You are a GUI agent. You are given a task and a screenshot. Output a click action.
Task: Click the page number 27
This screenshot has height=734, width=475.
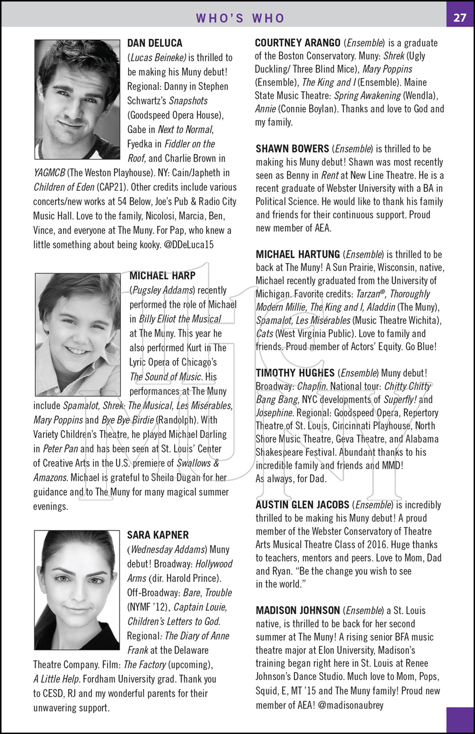(x=459, y=18)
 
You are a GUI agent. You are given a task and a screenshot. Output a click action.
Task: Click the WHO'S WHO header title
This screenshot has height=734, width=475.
(x=240, y=18)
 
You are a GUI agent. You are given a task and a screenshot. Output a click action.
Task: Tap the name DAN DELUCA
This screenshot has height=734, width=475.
(x=155, y=43)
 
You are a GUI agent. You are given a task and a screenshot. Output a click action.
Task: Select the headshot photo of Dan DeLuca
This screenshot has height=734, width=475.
(x=77, y=99)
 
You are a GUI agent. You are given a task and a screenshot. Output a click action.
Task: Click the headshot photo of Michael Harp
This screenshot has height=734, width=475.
(x=78, y=335)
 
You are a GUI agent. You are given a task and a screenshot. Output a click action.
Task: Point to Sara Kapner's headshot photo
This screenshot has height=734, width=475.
(x=77, y=590)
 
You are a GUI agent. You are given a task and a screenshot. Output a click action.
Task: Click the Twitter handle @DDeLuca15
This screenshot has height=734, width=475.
(x=189, y=245)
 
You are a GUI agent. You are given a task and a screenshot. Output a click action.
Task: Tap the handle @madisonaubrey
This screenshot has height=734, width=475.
(x=351, y=705)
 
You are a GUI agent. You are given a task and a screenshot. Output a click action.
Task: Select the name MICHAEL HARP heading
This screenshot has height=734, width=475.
(x=162, y=276)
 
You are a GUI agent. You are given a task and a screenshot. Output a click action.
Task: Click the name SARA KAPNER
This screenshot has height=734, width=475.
(x=158, y=535)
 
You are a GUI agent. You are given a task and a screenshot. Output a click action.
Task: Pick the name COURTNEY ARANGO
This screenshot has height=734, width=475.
(x=297, y=43)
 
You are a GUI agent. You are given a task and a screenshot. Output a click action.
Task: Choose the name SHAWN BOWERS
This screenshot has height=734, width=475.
(x=292, y=149)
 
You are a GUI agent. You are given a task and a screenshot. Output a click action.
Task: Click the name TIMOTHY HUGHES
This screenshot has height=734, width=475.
(x=295, y=373)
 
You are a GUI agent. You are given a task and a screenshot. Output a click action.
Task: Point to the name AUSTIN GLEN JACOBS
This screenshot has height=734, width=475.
(x=302, y=505)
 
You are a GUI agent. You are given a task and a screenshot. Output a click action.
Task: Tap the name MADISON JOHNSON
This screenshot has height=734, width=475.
(x=297, y=611)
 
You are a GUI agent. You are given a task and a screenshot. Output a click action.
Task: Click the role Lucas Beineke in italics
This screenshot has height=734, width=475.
(x=158, y=58)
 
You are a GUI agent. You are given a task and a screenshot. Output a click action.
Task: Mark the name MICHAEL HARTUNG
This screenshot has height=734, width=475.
(x=297, y=254)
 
